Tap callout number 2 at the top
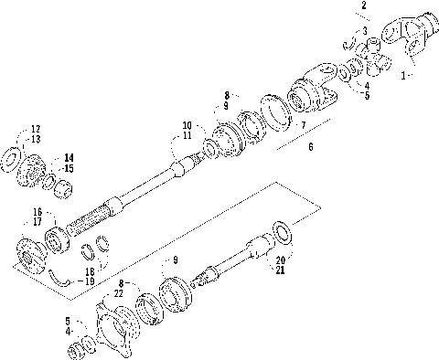point(365,6)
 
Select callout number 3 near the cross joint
point(365,31)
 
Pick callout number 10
point(187,125)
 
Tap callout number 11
point(187,135)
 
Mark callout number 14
point(69,157)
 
